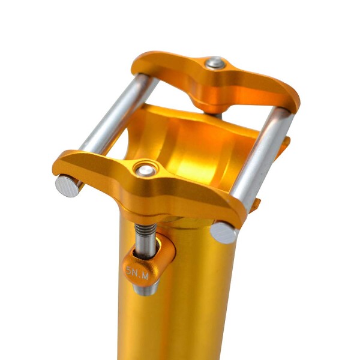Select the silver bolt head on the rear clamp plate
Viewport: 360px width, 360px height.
(x=214, y=62)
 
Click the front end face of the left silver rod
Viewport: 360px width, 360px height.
(x=68, y=185)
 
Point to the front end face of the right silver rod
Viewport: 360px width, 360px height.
(x=224, y=233)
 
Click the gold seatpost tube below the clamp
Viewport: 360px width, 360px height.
(x=192, y=300)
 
